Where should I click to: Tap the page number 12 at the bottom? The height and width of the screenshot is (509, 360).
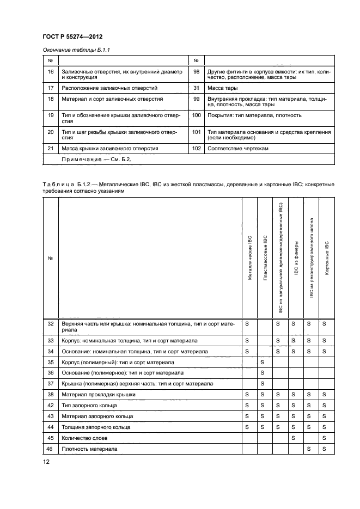coord(46,462)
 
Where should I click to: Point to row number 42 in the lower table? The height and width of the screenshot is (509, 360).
coord(51,406)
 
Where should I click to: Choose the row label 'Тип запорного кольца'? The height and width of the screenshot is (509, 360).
coord(89,406)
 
